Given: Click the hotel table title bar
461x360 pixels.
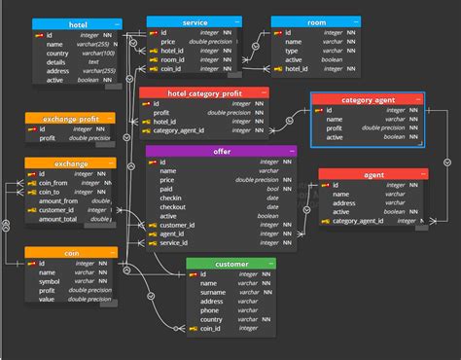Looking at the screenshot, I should click(78, 23).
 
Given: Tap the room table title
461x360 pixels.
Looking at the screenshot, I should click(317, 21).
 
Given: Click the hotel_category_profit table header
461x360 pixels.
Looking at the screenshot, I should click(203, 93).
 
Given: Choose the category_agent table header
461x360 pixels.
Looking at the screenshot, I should click(367, 99).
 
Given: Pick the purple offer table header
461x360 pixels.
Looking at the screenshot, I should click(221, 152).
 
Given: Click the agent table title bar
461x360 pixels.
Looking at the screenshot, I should click(372, 175).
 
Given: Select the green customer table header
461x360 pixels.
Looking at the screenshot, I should click(231, 264).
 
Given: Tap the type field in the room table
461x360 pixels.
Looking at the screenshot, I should click(291, 51).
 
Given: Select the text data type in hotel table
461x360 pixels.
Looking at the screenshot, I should click(93, 62).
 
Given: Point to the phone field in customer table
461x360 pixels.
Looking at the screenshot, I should click(211, 310).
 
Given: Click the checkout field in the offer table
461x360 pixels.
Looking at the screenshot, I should click(173, 207).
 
